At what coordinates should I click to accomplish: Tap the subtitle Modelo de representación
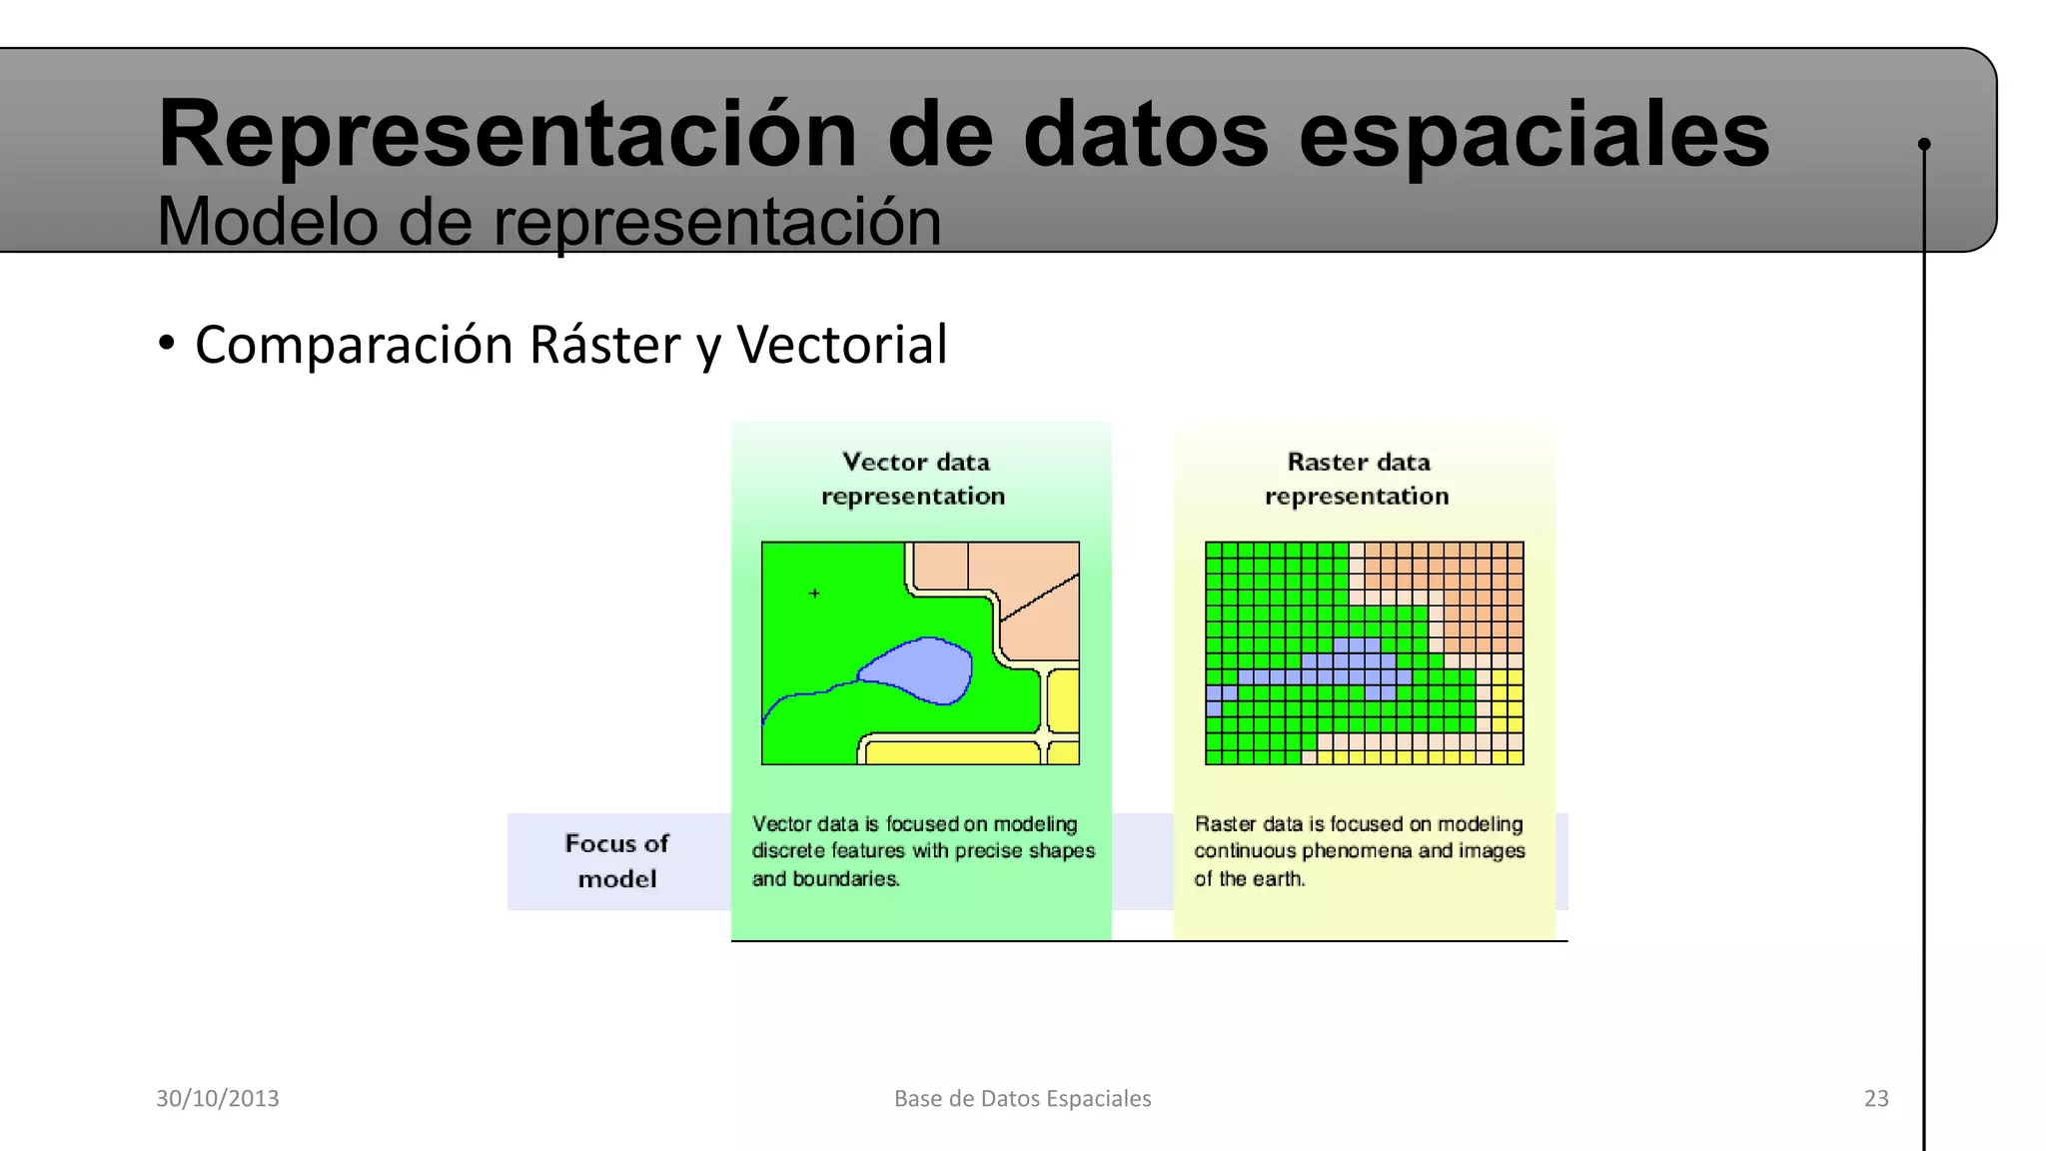point(548,222)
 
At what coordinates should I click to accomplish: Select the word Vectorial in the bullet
point(841,345)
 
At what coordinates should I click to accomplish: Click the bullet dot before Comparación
point(167,344)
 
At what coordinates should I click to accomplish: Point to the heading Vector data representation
point(914,479)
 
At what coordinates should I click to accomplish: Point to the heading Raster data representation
point(1358,479)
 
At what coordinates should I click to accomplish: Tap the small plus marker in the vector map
point(814,593)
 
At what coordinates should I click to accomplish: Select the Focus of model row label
point(617,860)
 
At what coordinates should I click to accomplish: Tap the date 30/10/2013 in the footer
point(218,1098)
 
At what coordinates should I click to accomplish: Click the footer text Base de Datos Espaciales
point(1022,1098)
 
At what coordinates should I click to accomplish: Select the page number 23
point(1876,1098)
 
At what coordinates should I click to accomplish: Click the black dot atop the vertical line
point(1924,144)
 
